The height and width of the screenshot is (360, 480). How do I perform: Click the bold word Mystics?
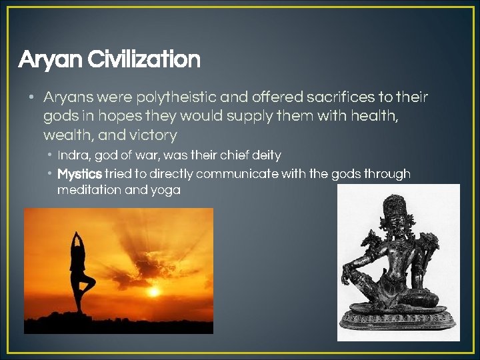click(x=79, y=174)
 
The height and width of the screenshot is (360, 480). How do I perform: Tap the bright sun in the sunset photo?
click(x=154, y=291)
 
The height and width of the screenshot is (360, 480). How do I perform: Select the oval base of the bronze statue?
click(x=398, y=319)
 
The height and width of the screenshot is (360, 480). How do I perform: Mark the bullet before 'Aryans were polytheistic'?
click(x=31, y=98)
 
